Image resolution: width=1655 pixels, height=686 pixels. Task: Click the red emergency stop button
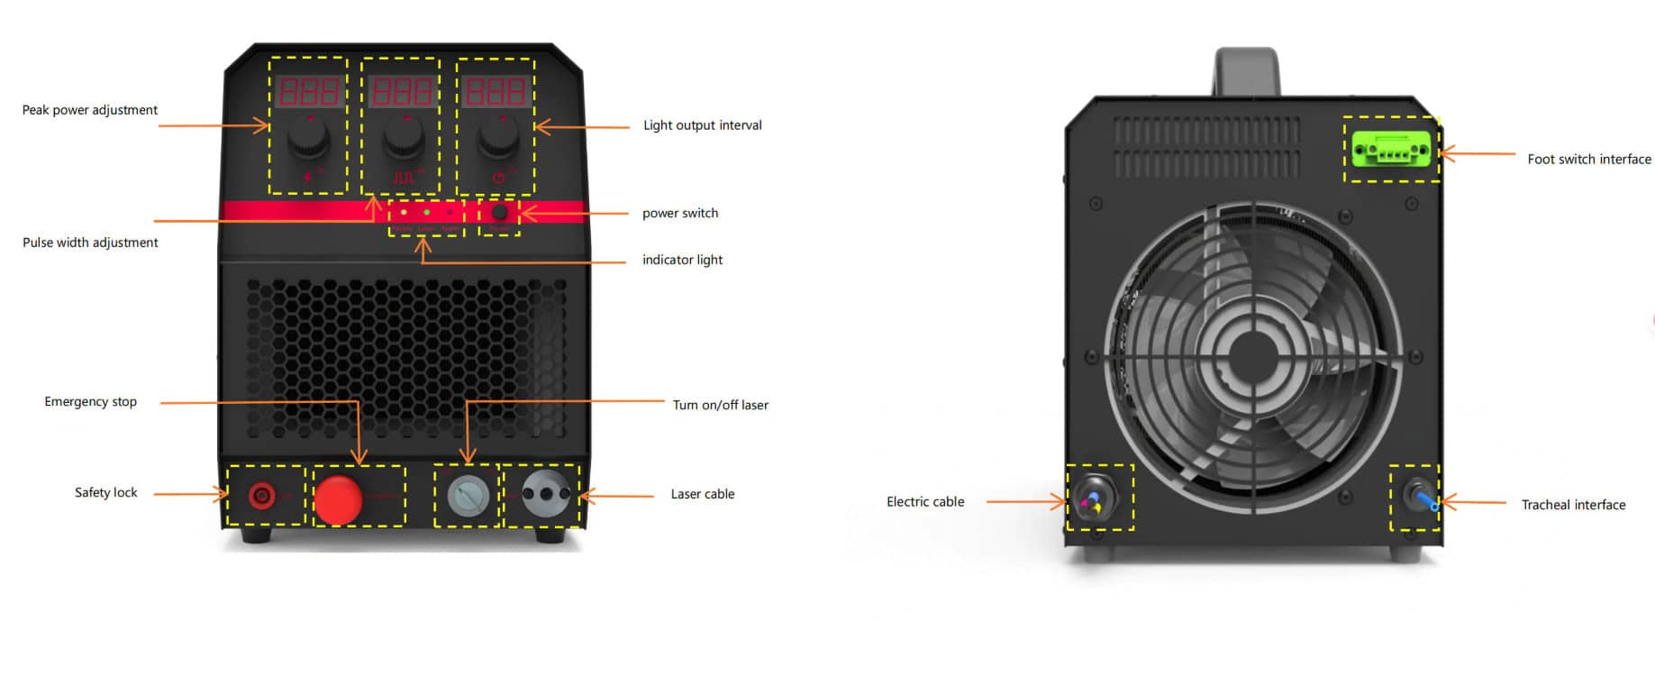pos(338,498)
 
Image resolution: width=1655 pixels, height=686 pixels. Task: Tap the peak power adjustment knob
pos(309,138)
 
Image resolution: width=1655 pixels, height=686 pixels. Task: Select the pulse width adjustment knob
pos(403,138)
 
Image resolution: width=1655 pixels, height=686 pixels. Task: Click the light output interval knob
pos(497,138)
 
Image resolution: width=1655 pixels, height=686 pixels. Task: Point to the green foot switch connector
pos(1391,150)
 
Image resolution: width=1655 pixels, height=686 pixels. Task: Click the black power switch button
pos(500,214)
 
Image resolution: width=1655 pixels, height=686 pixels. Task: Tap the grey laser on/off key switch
pos(468,496)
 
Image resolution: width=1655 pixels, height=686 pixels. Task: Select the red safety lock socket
pos(262,495)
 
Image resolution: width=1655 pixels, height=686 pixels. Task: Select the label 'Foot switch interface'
pos(1588,160)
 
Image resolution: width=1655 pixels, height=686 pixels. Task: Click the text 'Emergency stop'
pos(91,402)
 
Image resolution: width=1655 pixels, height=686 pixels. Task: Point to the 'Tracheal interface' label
pos(1573,505)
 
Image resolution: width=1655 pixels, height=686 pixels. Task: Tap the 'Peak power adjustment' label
pos(90,110)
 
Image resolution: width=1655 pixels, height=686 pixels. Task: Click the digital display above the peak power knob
pos(308,91)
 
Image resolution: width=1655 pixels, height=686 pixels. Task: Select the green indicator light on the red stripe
pos(427,213)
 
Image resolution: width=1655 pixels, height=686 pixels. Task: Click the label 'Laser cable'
pos(703,494)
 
